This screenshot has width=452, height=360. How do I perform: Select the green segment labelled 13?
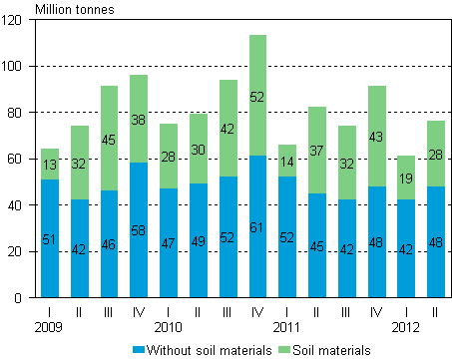pos(50,164)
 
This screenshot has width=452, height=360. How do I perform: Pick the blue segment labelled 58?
pos(139,229)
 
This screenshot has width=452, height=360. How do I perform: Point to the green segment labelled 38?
pos(139,119)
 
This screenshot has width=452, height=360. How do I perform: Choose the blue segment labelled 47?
pos(169,242)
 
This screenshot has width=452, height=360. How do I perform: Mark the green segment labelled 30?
pos(199,149)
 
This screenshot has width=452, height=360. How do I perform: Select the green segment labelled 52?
pos(257,96)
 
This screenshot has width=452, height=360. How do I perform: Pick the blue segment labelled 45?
pos(317,244)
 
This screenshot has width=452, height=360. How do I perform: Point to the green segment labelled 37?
pos(317,150)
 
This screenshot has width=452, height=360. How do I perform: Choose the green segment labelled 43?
pos(376,136)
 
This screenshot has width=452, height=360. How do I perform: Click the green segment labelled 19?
pos(406,178)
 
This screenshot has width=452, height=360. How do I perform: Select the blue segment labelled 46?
pos(109,243)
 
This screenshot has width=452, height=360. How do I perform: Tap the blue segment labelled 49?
pos(199,239)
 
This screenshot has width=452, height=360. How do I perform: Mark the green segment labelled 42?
pos(228,128)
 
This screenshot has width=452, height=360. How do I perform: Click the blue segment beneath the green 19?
pos(406,247)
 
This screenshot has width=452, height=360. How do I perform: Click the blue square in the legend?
pos(139,349)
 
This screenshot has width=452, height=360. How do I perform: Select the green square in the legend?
pos(284,349)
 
